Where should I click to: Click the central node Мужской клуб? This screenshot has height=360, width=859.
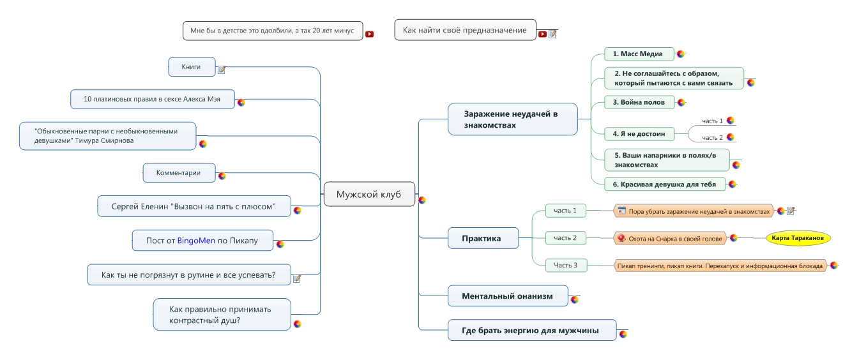[x=369, y=194]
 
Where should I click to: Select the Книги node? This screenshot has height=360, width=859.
[x=191, y=66]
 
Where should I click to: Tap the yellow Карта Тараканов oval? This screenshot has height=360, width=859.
[x=798, y=237]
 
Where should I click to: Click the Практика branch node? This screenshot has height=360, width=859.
[x=482, y=238]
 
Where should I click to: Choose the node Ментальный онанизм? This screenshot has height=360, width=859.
[x=507, y=296]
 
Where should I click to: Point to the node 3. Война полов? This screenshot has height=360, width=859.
[x=639, y=102]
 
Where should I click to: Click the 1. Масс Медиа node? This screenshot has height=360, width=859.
[x=638, y=54]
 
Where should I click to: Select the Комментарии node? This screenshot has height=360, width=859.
[x=178, y=172]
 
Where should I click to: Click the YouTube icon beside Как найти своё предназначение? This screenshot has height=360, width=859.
[x=542, y=34]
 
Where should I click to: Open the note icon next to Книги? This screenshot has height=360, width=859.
[x=222, y=70]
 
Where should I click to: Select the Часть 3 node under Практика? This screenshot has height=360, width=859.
[x=565, y=265]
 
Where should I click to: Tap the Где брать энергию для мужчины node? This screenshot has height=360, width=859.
[x=531, y=330]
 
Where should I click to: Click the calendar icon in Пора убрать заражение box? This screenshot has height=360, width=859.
[x=621, y=210]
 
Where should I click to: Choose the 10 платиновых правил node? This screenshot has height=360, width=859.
[x=152, y=99]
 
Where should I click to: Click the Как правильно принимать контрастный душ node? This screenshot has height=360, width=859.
[x=222, y=314]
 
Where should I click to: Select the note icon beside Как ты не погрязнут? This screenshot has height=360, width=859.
[x=296, y=278]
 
